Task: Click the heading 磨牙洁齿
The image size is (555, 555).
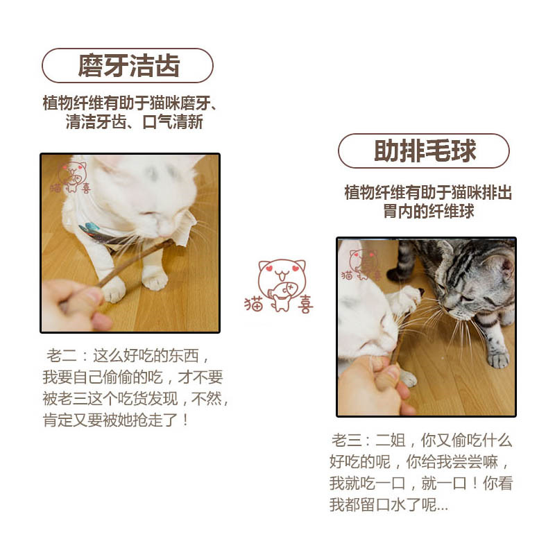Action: [x=129, y=65]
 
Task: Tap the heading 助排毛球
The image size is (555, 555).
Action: [x=425, y=151]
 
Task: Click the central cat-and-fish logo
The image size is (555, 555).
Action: [x=280, y=287]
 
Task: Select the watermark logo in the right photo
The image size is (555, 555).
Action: [x=361, y=265]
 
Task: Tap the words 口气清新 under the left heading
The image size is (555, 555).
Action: [x=173, y=123]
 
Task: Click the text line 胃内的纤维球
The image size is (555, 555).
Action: [x=429, y=212]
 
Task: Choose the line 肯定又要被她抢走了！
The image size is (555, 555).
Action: [x=116, y=420]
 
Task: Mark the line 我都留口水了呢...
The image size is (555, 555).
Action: [x=388, y=504]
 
